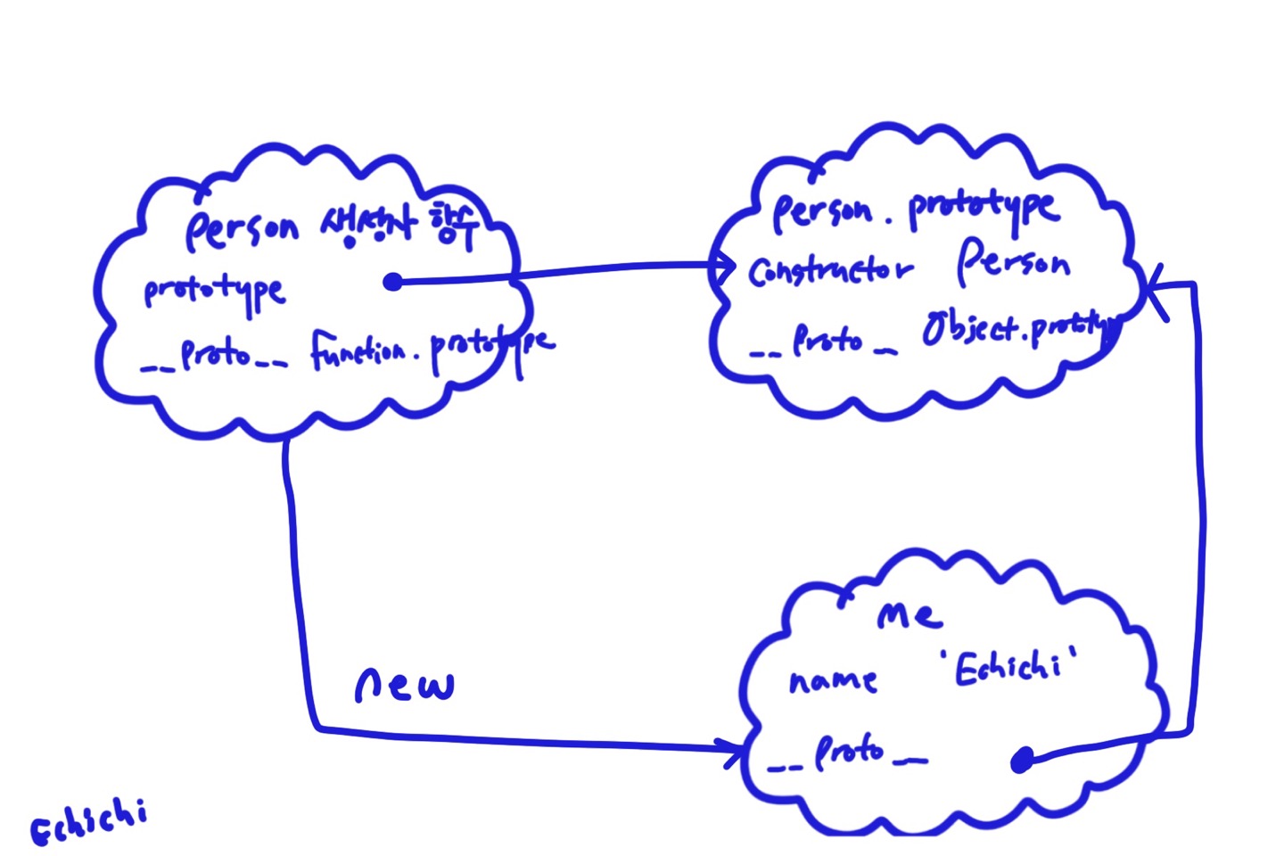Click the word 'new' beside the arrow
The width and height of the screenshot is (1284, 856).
(x=404, y=684)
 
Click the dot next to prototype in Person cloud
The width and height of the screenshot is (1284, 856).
(x=392, y=282)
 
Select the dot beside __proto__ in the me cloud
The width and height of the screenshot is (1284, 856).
(x=1022, y=761)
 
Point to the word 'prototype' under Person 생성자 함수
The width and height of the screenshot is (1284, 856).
(x=214, y=292)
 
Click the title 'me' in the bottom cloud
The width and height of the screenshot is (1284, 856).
(x=909, y=614)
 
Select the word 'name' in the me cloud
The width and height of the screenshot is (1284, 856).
(x=833, y=680)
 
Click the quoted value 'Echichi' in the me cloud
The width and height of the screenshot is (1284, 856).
(x=1008, y=666)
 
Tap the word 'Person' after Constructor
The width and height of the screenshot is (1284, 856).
(x=1013, y=262)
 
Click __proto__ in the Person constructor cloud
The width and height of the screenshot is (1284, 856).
(x=214, y=357)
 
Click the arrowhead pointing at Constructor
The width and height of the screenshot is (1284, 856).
(x=727, y=266)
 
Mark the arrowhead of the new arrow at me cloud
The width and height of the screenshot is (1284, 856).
(x=735, y=750)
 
